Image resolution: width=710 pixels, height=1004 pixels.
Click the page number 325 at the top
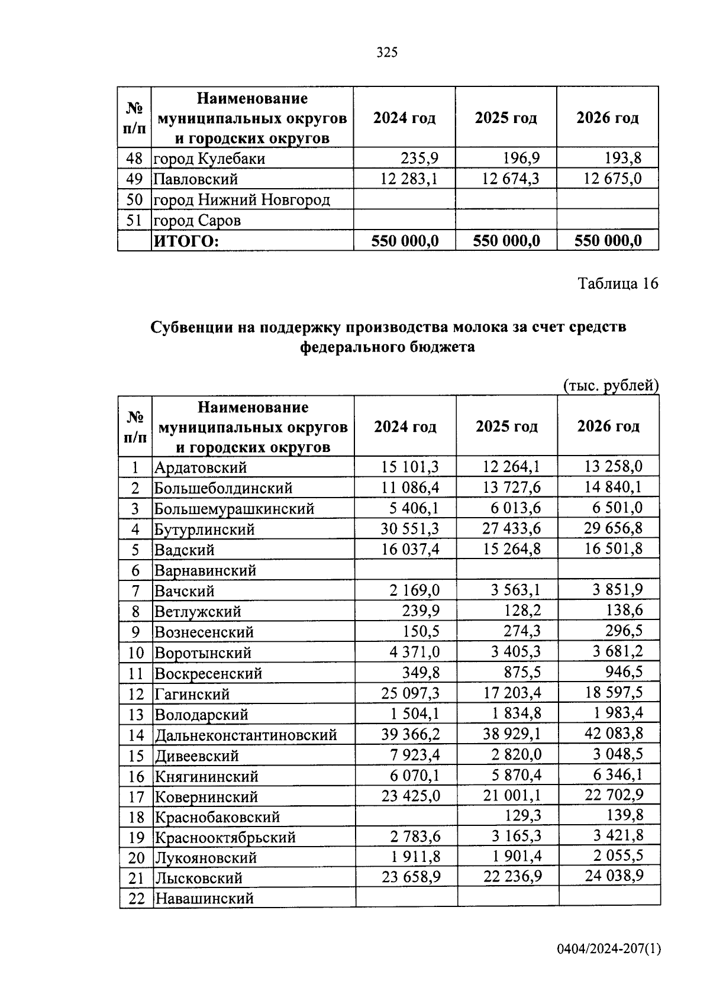[x=387, y=53]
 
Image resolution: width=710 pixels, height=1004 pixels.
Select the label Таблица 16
[x=618, y=283]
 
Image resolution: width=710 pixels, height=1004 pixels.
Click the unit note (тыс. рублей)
[x=610, y=386]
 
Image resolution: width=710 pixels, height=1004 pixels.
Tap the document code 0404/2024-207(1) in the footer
[x=608, y=949]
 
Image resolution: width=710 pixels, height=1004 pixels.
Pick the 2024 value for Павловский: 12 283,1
[x=409, y=179]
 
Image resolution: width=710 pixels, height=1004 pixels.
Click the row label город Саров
[x=197, y=221]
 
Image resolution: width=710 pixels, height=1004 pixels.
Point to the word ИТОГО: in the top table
[x=186, y=241]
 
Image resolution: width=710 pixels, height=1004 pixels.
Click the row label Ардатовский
[x=201, y=467]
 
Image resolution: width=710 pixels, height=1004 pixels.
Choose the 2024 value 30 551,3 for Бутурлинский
[x=409, y=529]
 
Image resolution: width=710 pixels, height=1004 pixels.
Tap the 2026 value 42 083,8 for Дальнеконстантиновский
[x=614, y=734]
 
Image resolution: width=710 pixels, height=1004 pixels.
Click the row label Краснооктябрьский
[x=225, y=837]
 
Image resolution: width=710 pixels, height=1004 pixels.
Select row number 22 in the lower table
[x=136, y=898]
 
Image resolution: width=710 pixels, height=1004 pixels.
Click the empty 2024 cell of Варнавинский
[x=405, y=570]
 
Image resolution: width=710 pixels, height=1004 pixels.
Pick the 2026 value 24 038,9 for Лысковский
[x=614, y=876]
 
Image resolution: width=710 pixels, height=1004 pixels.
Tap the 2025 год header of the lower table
[x=506, y=427]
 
